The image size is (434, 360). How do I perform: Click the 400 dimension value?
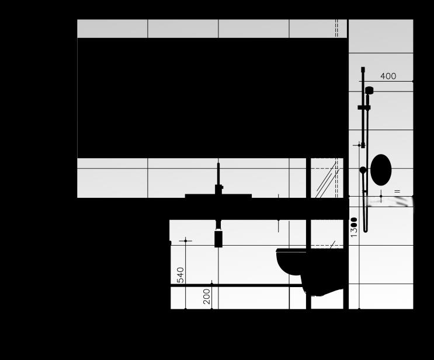pyautogui.click(x=388, y=76)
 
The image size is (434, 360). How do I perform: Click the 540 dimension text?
pyautogui.click(x=180, y=274)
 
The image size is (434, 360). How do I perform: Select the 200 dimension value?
pyautogui.click(x=207, y=297)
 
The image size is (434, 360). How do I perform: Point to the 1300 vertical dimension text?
pyautogui.click(x=354, y=227)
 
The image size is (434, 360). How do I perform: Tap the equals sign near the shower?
pyautogui.click(x=397, y=191)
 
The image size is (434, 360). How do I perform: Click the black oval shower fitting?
pyautogui.click(x=381, y=170)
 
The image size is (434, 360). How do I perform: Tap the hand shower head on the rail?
pyautogui.click(x=369, y=90)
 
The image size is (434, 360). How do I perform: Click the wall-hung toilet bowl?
pyautogui.click(x=292, y=261)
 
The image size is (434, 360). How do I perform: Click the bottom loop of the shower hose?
pyautogui.click(x=366, y=229)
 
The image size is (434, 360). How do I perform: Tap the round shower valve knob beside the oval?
pyautogui.click(x=363, y=170)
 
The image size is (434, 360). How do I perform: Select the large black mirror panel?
pyautogui.click(x=210, y=98)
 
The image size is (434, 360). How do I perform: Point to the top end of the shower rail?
pyautogui.click(x=363, y=69)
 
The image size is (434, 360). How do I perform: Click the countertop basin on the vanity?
pyautogui.click(x=218, y=196)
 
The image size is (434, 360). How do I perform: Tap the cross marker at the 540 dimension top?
pyautogui.click(x=185, y=240)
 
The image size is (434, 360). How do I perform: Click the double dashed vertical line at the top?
pyautogui.click(x=336, y=28)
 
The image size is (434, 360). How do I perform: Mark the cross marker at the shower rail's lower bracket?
pyautogui.click(x=363, y=145)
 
